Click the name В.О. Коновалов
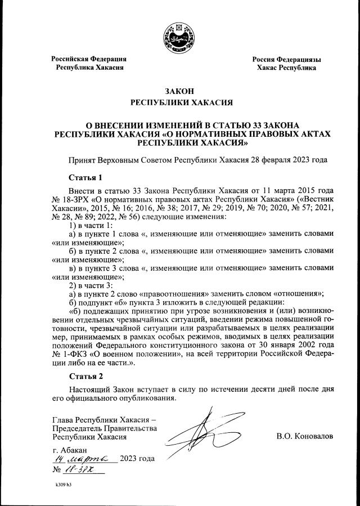coord(305,436)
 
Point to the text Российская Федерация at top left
coord(89,59)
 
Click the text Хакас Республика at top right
coord(286,68)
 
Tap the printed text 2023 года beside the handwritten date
coord(137,459)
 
